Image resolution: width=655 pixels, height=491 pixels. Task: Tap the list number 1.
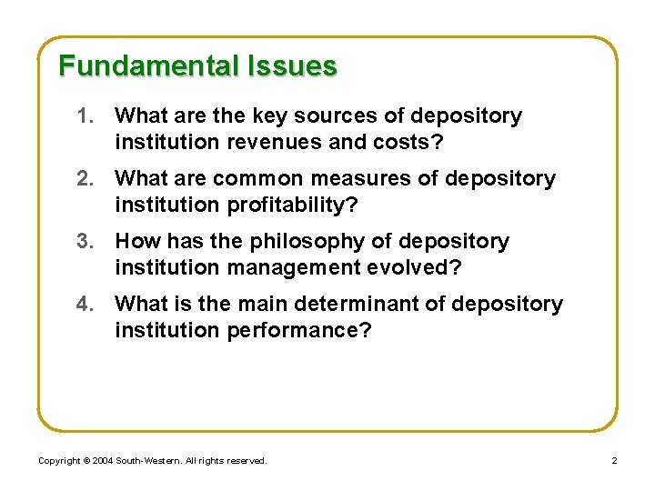(x=86, y=116)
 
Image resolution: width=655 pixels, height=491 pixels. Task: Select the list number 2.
(x=86, y=179)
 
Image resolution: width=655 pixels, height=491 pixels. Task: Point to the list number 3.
(x=86, y=242)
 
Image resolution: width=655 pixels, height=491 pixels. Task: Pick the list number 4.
(x=86, y=304)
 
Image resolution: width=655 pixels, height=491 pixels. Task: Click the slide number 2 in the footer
(x=614, y=461)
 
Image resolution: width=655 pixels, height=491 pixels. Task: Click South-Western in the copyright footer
(x=147, y=461)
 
